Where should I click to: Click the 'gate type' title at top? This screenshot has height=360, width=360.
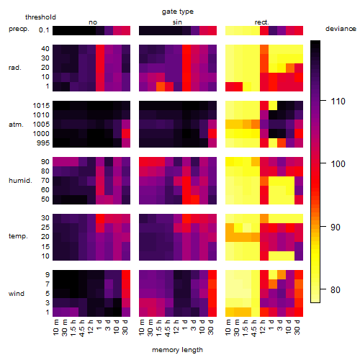(x=178, y=12)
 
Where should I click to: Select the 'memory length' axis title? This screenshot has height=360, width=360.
(x=177, y=350)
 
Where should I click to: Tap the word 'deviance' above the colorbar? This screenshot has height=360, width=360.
(x=341, y=29)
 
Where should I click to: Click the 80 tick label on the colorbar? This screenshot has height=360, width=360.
(x=336, y=290)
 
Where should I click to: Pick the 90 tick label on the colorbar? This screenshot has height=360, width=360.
(x=336, y=227)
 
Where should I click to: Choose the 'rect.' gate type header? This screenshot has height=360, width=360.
(x=262, y=22)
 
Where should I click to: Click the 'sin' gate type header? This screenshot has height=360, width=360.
(x=177, y=22)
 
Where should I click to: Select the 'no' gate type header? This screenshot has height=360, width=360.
(x=93, y=22)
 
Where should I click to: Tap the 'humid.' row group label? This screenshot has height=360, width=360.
(x=20, y=181)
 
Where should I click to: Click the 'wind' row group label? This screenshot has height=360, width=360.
(x=17, y=294)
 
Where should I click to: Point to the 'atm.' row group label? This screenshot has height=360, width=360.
(x=16, y=125)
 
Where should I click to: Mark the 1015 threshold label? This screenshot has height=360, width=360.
(x=41, y=106)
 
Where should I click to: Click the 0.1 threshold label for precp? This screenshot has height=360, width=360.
(x=44, y=30)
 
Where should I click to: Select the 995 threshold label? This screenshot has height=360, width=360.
(x=43, y=143)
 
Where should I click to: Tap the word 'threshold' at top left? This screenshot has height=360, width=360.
(x=40, y=17)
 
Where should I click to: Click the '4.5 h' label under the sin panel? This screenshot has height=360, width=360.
(x=168, y=327)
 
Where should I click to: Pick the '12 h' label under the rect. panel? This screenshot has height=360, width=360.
(x=264, y=327)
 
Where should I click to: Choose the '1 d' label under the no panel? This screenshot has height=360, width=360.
(x=100, y=325)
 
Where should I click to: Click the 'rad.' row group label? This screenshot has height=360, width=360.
(x=15, y=68)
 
